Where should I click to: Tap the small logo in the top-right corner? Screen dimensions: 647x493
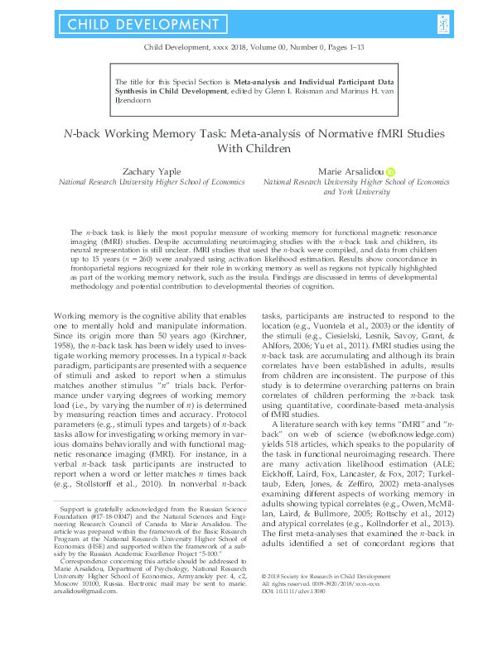point(445,25)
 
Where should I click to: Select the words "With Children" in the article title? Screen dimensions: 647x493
point(246,149)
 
